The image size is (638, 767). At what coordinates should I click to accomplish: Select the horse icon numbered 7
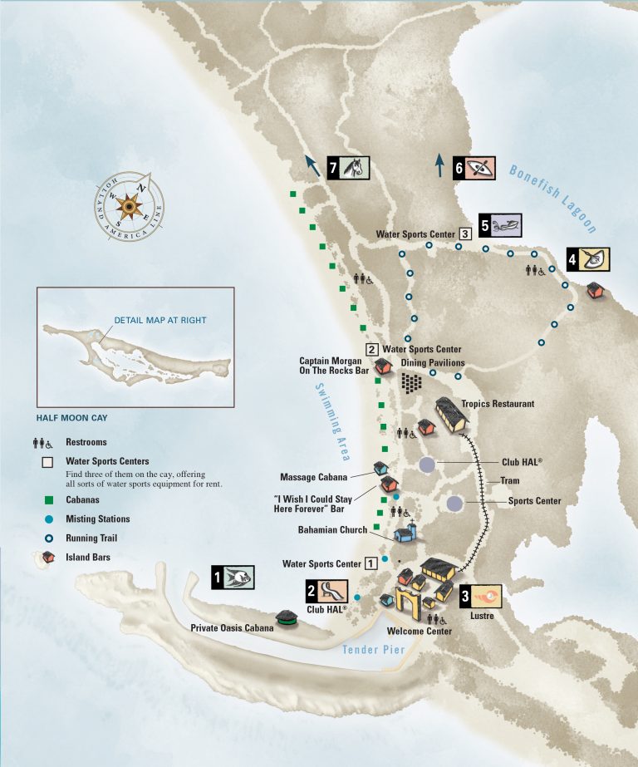[x=353, y=169]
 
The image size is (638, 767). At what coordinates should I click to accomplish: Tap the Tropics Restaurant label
[x=495, y=405]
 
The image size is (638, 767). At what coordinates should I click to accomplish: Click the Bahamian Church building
[x=405, y=533]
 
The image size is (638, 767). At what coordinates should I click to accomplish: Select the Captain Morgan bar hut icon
[x=383, y=366]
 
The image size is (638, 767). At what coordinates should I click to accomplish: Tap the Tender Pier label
[x=372, y=650]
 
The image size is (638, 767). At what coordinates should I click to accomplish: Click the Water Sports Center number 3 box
[x=465, y=234]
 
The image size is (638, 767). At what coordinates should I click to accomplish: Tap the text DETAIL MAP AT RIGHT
[x=159, y=320]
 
